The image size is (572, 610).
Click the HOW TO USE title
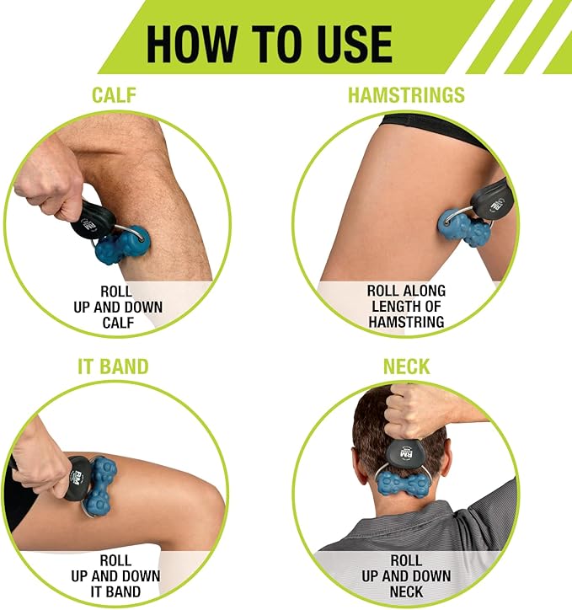[x=269, y=43]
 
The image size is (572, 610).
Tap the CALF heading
[x=115, y=95]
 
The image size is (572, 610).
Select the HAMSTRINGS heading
[x=406, y=95]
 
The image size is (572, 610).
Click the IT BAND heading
[x=113, y=367]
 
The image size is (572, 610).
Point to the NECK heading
[x=407, y=367]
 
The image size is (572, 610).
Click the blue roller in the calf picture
[x=122, y=245]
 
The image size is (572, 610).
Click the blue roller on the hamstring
[x=463, y=227]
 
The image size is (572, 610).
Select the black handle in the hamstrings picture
[x=490, y=197]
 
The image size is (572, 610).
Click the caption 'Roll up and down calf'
[x=118, y=307]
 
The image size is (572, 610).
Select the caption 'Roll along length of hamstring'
[x=406, y=306]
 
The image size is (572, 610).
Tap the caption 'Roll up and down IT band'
[x=115, y=576]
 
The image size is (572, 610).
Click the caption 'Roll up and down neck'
[x=406, y=576]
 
